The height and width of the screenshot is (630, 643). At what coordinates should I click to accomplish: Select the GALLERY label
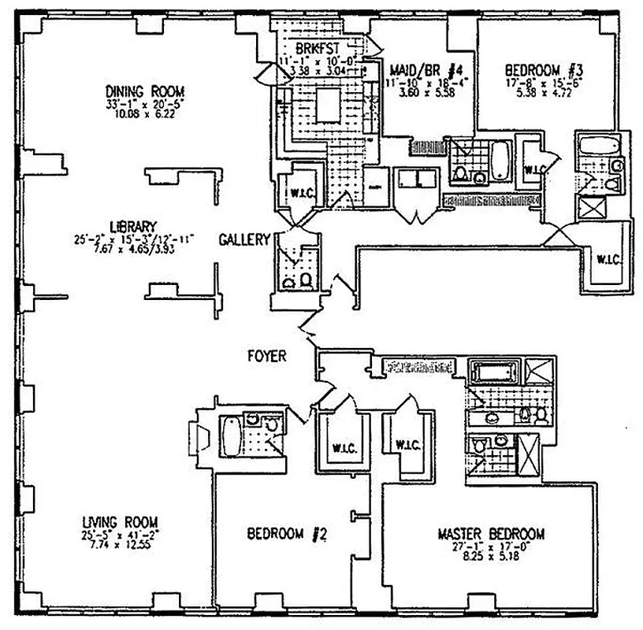[244, 239]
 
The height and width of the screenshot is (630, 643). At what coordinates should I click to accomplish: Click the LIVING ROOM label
[120, 521]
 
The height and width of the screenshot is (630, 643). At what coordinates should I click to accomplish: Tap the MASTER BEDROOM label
[490, 534]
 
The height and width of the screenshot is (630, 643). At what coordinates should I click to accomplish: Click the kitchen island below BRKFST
[328, 102]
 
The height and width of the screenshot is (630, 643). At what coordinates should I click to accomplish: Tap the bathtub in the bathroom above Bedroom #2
[230, 435]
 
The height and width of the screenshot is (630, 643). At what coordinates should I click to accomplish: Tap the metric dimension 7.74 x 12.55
[120, 543]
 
